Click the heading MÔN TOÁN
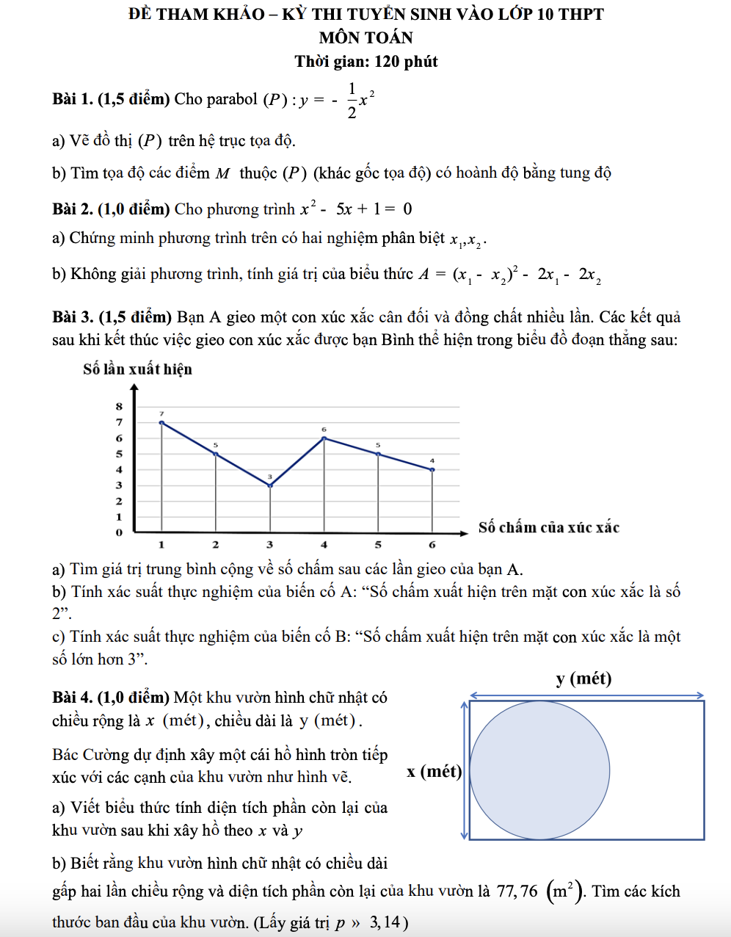pos(365,37)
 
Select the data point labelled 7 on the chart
pos(161,422)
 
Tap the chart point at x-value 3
pos(270,485)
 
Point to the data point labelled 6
pos(324,438)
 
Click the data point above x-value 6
pos(432,469)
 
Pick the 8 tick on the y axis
pos(119,406)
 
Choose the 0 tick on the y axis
pos(119,532)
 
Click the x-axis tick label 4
pos(324,545)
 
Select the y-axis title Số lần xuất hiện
pos(137,369)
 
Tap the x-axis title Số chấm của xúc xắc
pos(548,527)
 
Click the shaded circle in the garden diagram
pos(539,770)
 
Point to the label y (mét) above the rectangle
pos(583,678)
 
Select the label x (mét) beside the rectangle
pos(434,771)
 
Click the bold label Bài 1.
pos(73,99)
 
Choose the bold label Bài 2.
pos(73,209)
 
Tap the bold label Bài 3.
pos(73,317)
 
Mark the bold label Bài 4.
pos(73,698)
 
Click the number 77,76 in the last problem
pos(517,891)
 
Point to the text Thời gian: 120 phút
pos(365,62)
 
